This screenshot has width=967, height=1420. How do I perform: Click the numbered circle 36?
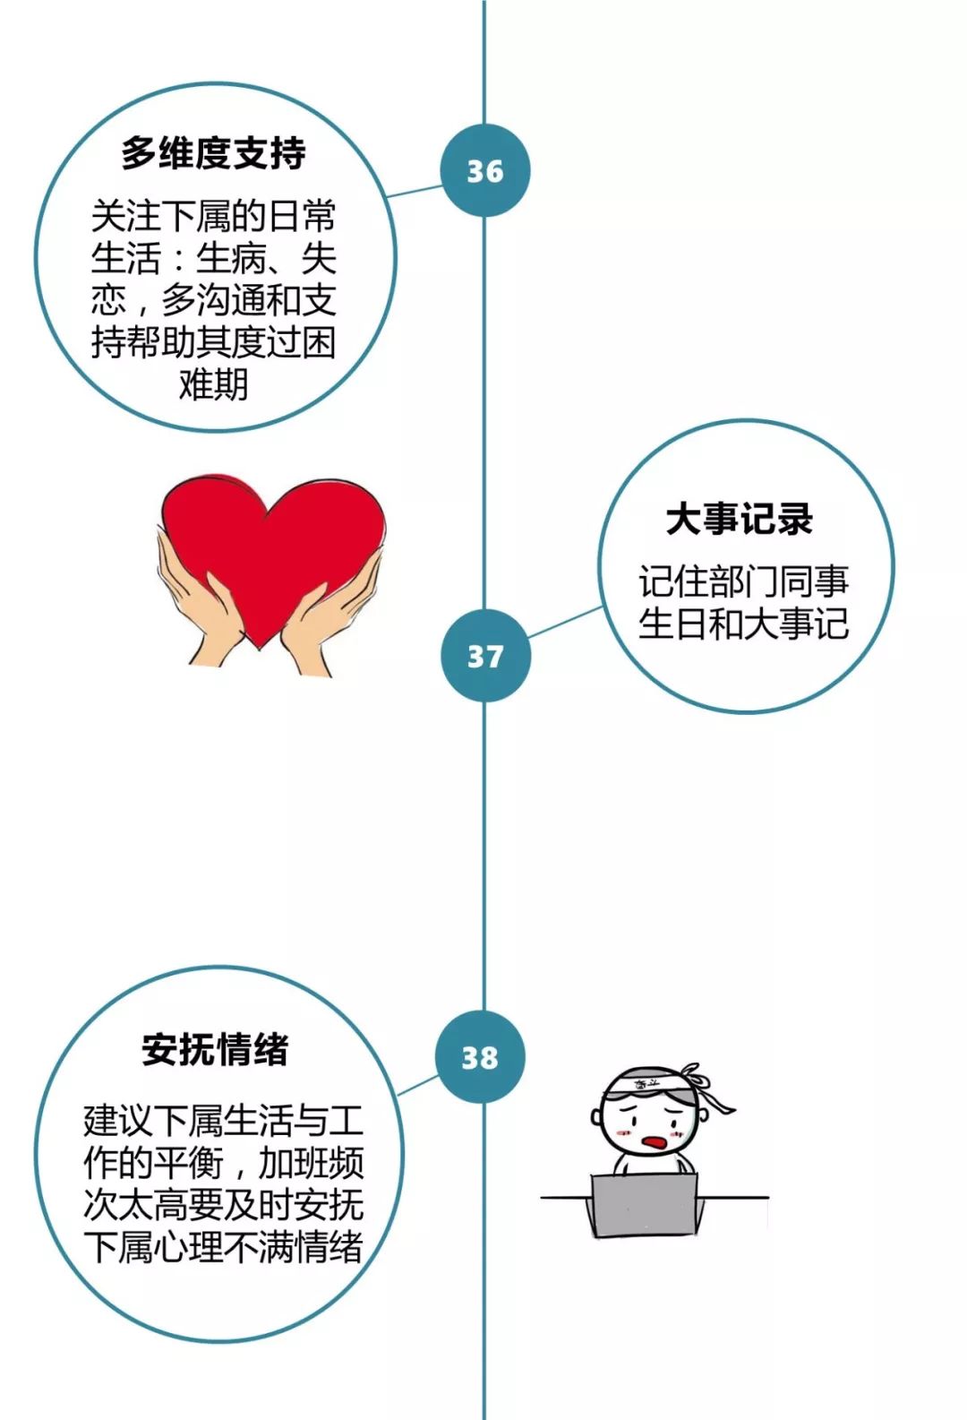(x=484, y=170)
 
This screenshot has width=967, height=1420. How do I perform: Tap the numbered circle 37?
(x=484, y=656)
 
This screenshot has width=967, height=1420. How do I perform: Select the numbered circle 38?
(x=480, y=1057)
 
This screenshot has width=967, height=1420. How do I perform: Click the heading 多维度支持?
(x=214, y=153)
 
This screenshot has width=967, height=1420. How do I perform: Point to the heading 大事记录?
(x=739, y=519)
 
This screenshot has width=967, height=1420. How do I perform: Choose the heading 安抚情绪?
(x=215, y=1048)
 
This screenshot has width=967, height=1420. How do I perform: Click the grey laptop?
(x=644, y=1203)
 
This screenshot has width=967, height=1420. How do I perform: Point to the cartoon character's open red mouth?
(x=655, y=1141)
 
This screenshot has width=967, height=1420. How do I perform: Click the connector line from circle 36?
(x=415, y=191)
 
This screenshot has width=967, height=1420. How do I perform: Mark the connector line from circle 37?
(x=564, y=622)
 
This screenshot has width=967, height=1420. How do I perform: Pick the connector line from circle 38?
(x=417, y=1085)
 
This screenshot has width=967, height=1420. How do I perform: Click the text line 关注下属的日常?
(x=214, y=216)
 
